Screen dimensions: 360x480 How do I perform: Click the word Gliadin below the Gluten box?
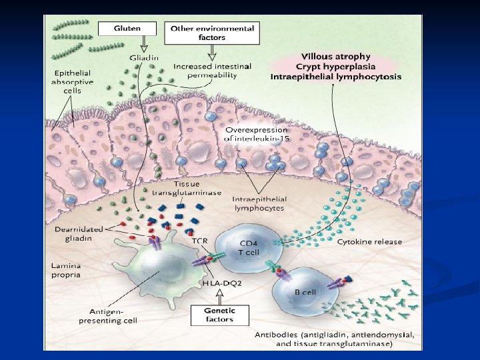tap(144, 58)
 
